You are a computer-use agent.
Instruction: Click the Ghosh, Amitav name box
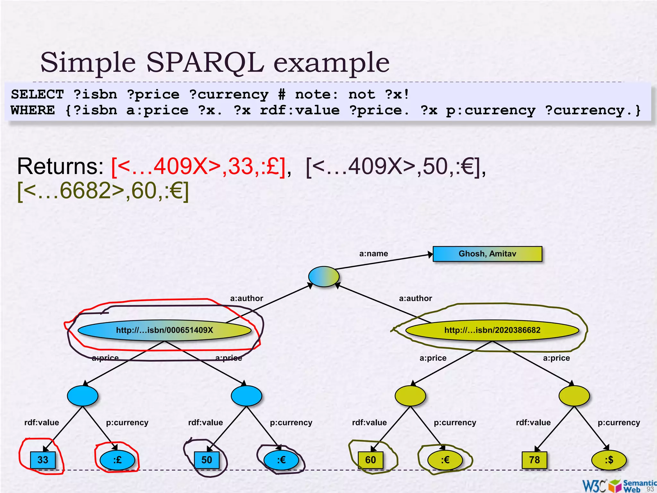click(487, 254)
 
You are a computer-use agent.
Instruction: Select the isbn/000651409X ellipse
click(164, 330)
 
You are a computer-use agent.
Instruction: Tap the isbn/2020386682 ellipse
click(492, 330)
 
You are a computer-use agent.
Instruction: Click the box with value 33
click(43, 460)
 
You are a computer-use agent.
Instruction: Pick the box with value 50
click(207, 460)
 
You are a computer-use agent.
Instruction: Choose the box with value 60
click(371, 460)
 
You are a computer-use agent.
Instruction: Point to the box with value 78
click(534, 460)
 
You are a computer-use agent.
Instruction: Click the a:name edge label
click(373, 254)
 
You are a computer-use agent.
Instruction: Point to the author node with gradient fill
click(324, 276)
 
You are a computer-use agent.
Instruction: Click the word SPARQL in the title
click(205, 63)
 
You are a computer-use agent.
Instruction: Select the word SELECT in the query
click(38, 95)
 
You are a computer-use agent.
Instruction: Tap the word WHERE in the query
click(33, 110)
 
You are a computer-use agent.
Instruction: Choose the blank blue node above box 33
click(82, 396)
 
